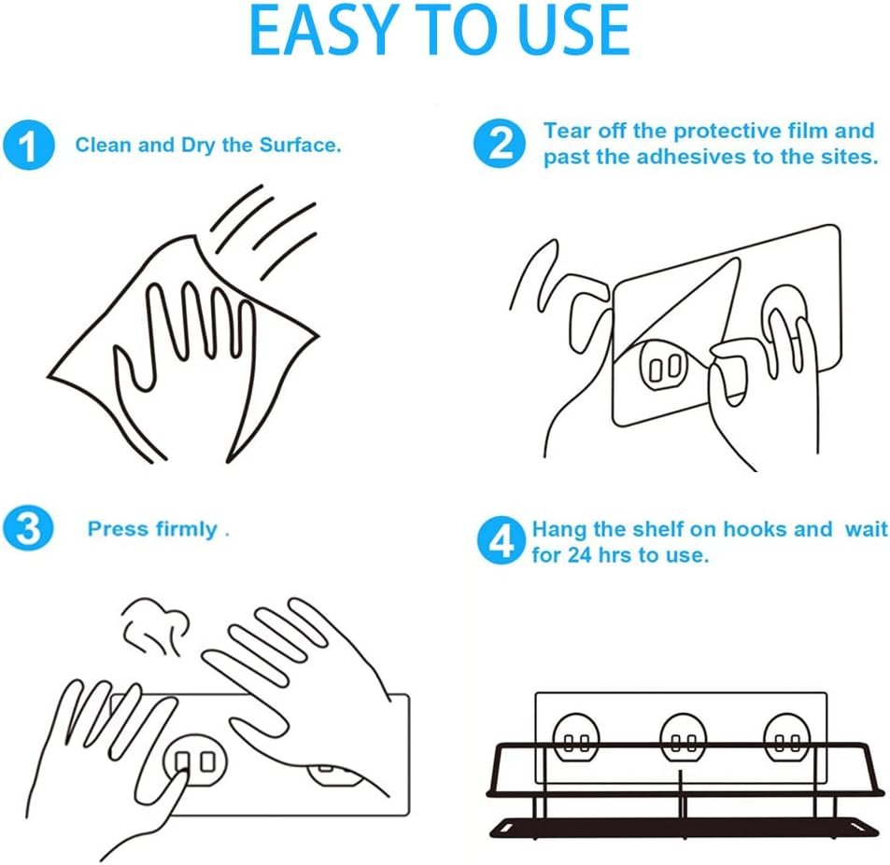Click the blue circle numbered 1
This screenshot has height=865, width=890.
(28, 145)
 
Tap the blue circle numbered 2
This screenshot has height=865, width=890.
(500, 143)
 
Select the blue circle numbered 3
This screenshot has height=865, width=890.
(28, 529)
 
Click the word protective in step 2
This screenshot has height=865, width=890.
(728, 132)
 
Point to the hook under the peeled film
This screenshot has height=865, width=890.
(664, 367)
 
